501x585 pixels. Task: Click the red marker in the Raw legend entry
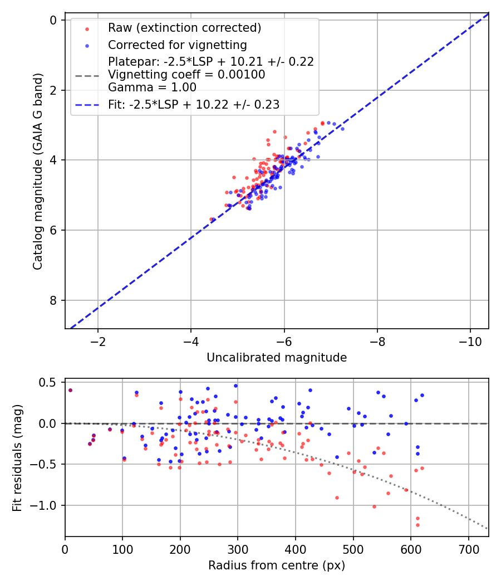tap(86, 28)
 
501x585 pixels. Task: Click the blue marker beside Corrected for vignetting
tap(86, 45)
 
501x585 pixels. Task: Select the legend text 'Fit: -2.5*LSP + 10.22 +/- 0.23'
tap(194, 104)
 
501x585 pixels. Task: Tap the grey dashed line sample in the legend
tap(86, 75)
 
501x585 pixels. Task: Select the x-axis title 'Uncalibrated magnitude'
tap(277, 358)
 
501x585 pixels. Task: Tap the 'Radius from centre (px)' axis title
tap(277, 565)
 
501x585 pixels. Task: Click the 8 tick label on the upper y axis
tap(54, 300)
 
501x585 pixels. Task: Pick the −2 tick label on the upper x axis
tap(98, 339)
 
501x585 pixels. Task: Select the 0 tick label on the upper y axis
tap(54, 20)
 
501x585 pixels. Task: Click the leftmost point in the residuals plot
tap(70, 390)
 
